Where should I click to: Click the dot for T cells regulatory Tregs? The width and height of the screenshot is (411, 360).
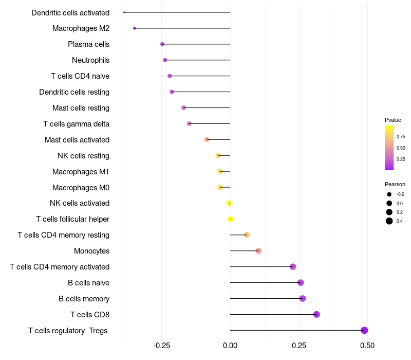pyautogui.click(x=364, y=330)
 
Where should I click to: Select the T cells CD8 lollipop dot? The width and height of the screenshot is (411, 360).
pyautogui.click(x=316, y=314)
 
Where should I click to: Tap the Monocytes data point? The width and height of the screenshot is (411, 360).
pyautogui.click(x=258, y=250)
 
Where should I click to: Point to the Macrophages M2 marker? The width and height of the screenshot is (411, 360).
pyautogui.click(x=135, y=28)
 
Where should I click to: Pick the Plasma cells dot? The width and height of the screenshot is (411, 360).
pyautogui.click(x=162, y=44)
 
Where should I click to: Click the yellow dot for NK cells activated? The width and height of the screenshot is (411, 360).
pyautogui.click(x=229, y=203)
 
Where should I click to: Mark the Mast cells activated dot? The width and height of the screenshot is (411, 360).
pyautogui.click(x=207, y=139)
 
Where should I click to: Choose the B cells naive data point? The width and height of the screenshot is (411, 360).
pyautogui.click(x=301, y=282)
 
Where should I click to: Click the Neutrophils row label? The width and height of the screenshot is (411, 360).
pyautogui.click(x=90, y=60)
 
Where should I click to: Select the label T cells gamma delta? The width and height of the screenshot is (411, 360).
pyautogui.click(x=76, y=124)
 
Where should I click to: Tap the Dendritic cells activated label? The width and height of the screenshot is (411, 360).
pyautogui.click(x=70, y=12)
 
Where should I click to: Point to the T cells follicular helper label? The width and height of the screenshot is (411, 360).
pyautogui.click(x=72, y=219)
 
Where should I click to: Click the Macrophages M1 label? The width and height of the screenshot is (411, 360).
pyautogui.click(x=81, y=171)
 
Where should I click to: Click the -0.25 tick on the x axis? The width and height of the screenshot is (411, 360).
pyautogui.click(x=161, y=345)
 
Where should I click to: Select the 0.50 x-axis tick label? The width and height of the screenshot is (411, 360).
pyautogui.click(x=367, y=345)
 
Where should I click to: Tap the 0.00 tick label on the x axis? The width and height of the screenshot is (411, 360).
pyautogui.click(x=230, y=345)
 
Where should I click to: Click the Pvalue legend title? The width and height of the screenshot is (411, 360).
pyautogui.click(x=393, y=120)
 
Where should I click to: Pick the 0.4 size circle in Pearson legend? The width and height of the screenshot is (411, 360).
pyautogui.click(x=389, y=221)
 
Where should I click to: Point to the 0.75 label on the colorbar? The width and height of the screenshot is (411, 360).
pyautogui.click(x=401, y=137)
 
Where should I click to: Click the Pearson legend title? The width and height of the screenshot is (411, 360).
pyautogui.click(x=395, y=184)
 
